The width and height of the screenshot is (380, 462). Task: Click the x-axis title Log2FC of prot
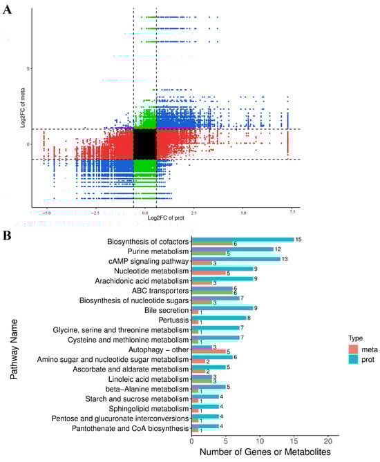coord(145,218)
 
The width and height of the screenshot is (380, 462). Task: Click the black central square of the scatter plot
coord(144,144)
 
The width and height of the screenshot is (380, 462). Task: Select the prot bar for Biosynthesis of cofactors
coord(242,239)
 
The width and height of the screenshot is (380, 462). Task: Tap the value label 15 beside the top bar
coord(298,240)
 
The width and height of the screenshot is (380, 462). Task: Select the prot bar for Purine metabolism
coord(232,249)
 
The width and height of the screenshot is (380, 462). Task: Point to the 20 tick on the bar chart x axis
coord(327,439)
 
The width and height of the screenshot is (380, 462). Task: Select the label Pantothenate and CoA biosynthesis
coord(129,430)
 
